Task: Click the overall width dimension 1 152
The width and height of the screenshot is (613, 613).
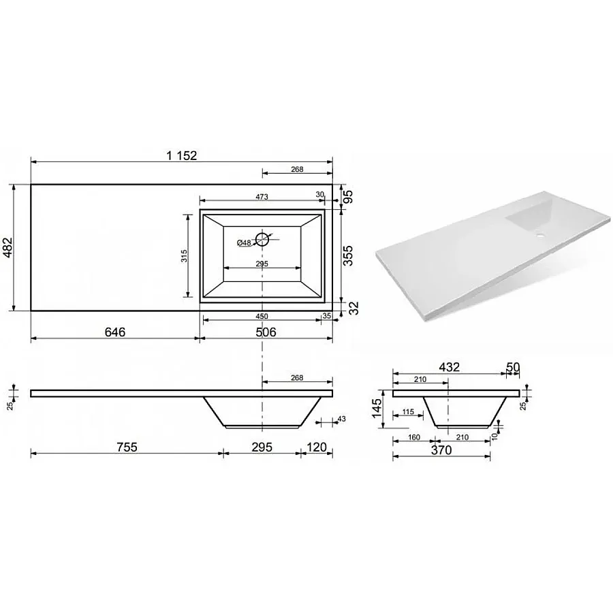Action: (x=182, y=155)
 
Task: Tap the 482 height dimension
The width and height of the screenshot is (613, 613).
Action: (x=7, y=247)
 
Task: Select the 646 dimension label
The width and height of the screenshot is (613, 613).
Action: (x=115, y=332)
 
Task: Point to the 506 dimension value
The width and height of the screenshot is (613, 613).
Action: (x=266, y=332)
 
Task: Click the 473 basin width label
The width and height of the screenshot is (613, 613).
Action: (x=262, y=197)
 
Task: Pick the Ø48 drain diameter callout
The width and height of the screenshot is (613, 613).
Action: (x=244, y=242)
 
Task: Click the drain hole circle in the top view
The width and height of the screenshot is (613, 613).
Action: (x=262, y=239)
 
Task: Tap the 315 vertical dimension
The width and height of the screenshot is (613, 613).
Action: (x=184, y=255)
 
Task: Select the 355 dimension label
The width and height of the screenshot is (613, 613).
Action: (x=348, y=255)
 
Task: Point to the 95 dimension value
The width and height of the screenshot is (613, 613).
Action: (x=348, y=196)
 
